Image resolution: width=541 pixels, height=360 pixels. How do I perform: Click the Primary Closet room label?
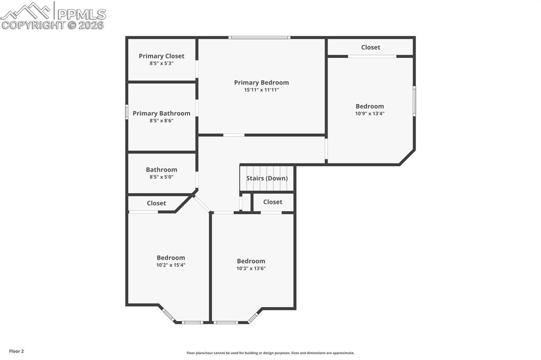[162, 56]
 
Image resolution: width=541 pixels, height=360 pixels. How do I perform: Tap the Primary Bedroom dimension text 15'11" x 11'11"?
[262, 90]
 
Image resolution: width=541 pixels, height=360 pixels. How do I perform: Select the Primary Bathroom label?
[162, 113]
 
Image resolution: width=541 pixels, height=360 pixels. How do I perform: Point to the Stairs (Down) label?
[267, 178]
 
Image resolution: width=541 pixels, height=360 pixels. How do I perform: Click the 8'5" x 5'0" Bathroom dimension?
[162, 177]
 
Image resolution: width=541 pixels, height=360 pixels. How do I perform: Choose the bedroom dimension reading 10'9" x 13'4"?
[370, 113]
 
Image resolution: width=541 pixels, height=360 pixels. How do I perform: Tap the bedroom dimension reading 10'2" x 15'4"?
[171, 265]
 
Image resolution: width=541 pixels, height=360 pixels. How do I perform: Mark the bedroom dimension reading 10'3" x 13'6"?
[251, 269]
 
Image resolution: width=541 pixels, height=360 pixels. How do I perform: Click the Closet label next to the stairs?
[273, 202]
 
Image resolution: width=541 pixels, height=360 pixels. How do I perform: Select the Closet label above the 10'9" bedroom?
[370, 47]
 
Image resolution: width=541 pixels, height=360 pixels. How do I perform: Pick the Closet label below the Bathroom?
[156, 203]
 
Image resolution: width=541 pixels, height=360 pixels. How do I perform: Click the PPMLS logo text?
[81, 14]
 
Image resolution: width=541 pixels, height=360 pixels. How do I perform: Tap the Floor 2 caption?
[16, 352]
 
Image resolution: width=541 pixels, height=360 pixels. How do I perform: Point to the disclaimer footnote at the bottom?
[270, 353]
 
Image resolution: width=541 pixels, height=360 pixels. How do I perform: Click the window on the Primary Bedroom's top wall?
[259, 37]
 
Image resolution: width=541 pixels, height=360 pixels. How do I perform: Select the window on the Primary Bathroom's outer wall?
[127, 112]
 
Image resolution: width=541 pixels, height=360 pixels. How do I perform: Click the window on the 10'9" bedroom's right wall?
[414, 100]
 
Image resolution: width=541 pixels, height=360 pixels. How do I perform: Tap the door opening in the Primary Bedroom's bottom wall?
[234, 135]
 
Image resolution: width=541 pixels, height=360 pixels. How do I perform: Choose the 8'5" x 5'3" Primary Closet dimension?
[162, 63]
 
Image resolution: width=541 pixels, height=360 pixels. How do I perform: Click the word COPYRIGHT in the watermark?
[33, 25]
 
